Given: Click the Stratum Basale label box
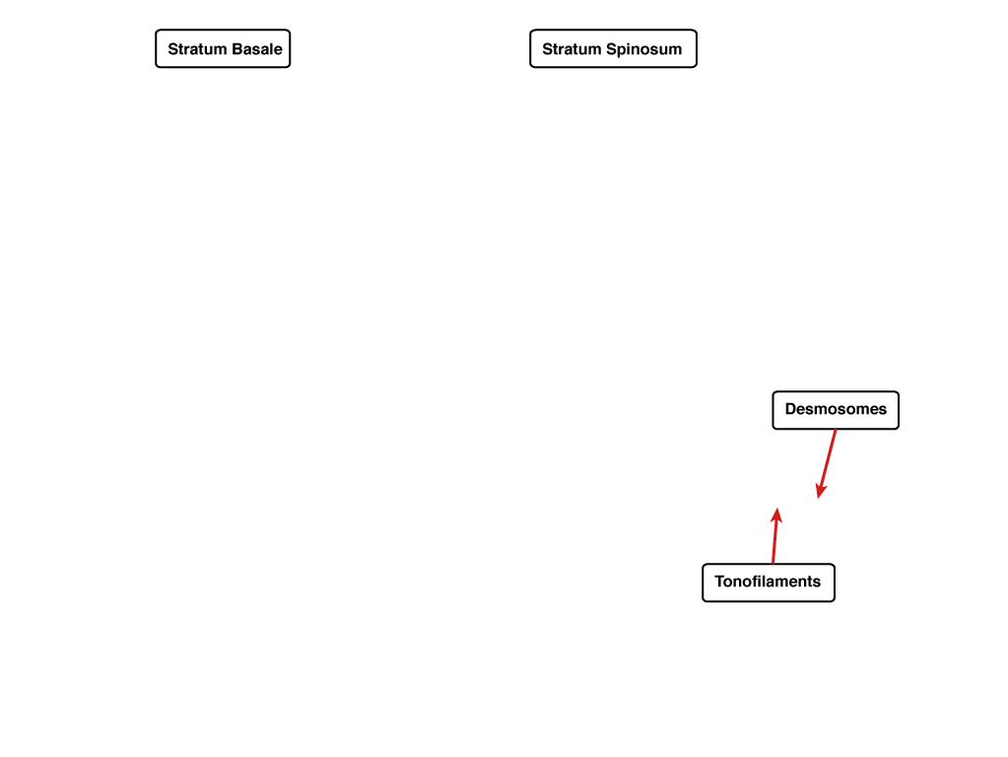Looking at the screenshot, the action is [x=223, y=48].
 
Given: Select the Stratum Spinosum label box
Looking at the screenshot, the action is [x=613, y=48].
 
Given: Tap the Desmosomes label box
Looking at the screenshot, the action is [x=836, y=410].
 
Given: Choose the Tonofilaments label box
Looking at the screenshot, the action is [x=769, y=583].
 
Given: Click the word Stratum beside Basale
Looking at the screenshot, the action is [x=197, y=49].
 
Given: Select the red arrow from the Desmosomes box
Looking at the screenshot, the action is [x=827, y=463].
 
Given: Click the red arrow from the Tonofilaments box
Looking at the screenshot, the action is [x=775, y=535].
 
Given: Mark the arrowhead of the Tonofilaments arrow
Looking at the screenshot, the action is [x=777, y=515].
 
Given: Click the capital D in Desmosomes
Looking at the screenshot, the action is [x=790, y=409].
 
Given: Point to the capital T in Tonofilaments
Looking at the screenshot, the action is [x=720, y=582].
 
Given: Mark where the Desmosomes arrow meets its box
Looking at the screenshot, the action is [x=835, y=430].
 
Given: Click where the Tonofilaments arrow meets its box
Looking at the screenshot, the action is [x=773, y=564].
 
